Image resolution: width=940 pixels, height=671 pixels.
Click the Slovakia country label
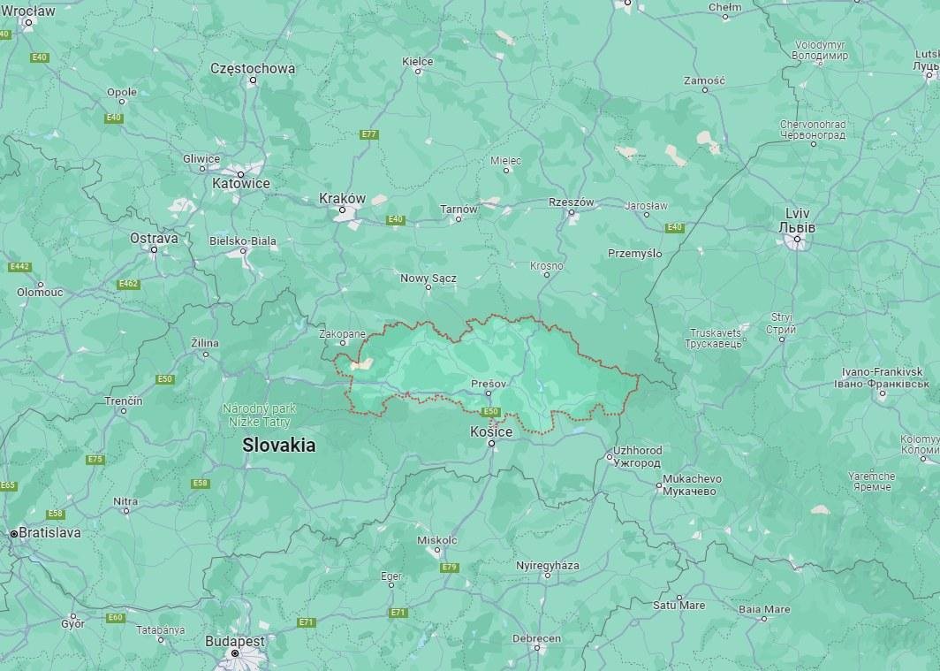(279, 446)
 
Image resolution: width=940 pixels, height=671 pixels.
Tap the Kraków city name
(342, 198)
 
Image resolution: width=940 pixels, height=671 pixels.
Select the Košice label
(491, 431)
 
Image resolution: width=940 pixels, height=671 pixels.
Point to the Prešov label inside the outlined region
(489, 384)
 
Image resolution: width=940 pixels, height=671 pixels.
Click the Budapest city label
(234, 640)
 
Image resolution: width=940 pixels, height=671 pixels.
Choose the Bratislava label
(49, 533)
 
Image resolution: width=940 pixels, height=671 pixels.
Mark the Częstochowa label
(253, 68)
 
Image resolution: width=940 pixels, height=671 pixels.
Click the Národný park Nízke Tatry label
(259, 416)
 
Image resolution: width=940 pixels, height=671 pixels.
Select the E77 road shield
(369, 134)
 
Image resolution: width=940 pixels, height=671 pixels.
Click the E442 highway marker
(19, 266)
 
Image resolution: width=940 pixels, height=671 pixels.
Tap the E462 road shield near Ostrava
(129, 284)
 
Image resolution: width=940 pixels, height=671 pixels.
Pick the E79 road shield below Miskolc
(449, 567)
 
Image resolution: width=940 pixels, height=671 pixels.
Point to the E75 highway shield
(95, 460)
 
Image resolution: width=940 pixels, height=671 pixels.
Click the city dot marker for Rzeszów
(572, 213)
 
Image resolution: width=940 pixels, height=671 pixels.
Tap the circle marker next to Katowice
(240, 172)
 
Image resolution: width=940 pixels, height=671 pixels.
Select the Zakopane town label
(342, 334)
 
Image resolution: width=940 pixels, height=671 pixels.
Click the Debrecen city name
(536, 638)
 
